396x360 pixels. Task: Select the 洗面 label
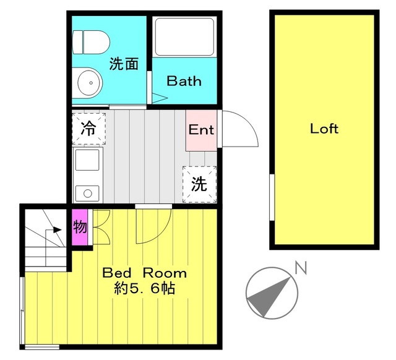click(124, 63)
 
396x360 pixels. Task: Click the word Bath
click(184, 81)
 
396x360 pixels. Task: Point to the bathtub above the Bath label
click(184, 37)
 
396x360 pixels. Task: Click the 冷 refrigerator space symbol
click(89, 128)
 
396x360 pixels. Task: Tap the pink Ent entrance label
click(201, 130)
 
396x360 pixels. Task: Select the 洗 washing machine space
click(199, 183)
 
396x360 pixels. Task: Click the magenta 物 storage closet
click(80, 227)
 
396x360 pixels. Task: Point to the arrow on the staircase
click(56, 229)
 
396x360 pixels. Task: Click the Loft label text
click(324, 129)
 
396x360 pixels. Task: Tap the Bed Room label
click(144, 273)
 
